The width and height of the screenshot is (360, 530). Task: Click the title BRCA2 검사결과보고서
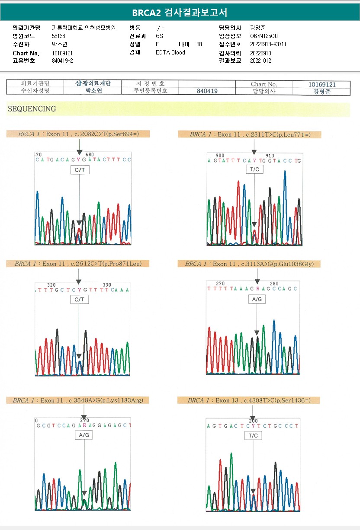180,12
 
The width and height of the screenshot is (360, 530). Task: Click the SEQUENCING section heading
32,109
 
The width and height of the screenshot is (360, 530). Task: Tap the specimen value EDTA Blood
170,52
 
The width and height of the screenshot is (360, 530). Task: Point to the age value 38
199,44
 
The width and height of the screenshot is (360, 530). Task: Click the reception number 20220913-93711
268,44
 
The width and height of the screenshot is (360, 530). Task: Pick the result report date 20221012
260,61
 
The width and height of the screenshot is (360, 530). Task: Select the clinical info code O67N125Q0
264,36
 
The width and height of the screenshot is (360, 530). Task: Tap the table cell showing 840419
206,91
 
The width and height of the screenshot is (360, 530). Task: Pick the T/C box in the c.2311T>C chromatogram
254,169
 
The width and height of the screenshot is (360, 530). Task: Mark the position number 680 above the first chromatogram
90,155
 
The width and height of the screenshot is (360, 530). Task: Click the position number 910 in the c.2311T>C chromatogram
270,156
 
